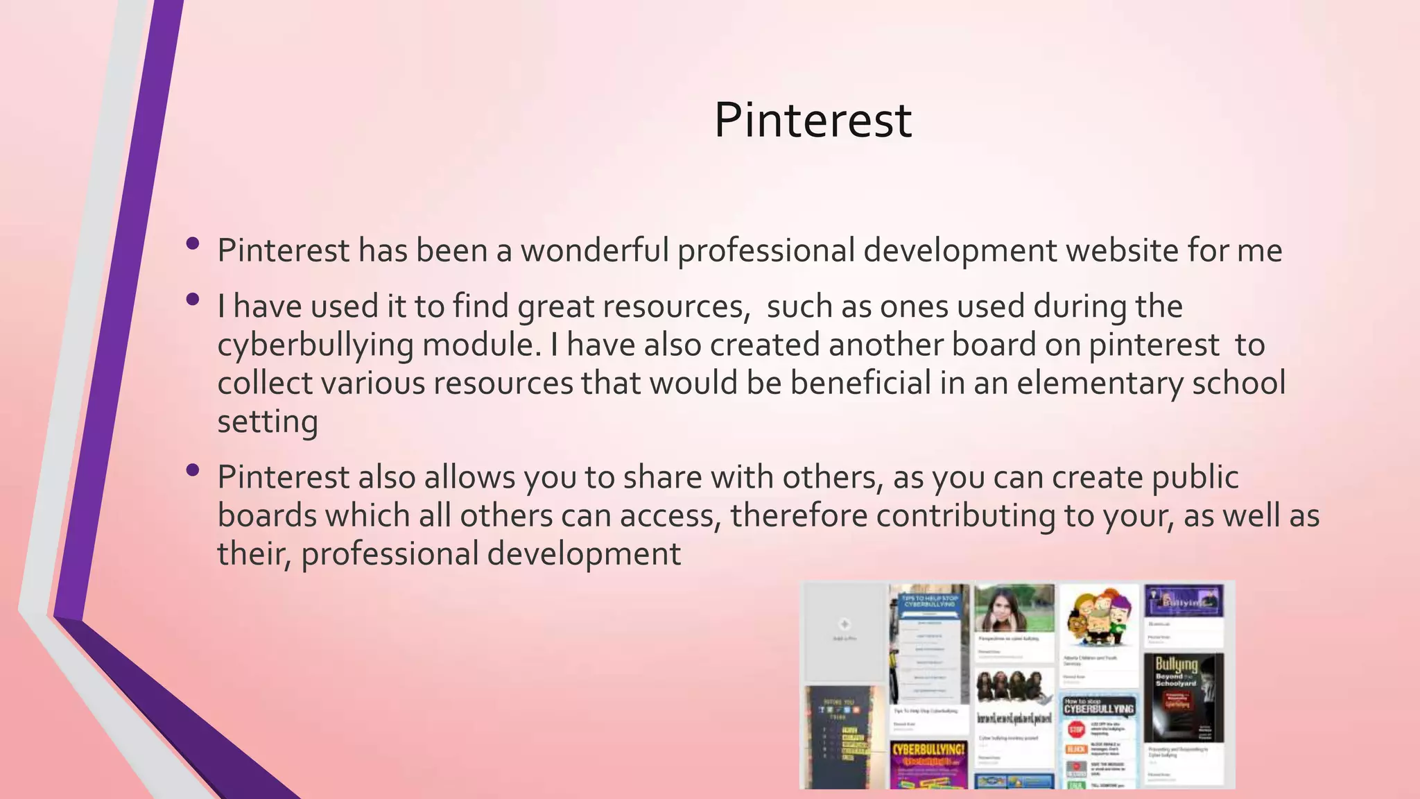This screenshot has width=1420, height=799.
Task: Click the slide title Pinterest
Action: (813, 120)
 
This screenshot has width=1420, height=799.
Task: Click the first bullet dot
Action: (193, 243)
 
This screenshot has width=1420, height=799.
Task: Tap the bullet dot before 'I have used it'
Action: (193, 300)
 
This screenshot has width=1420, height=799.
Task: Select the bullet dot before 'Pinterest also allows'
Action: (193, 470)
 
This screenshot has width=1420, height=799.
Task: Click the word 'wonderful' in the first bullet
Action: (595, 250)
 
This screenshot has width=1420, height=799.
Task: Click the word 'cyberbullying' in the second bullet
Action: (315, 345)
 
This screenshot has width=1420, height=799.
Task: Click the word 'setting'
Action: (268, 422)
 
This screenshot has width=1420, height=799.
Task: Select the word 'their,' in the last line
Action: (254, 554)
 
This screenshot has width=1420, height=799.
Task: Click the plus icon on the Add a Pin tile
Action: (844, 624)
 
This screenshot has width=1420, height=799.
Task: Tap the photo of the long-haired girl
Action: (1014, 608)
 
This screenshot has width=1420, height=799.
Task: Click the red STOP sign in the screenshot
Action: (1076, 729)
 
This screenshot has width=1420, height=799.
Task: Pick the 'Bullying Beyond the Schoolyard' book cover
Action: (1183, 696)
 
